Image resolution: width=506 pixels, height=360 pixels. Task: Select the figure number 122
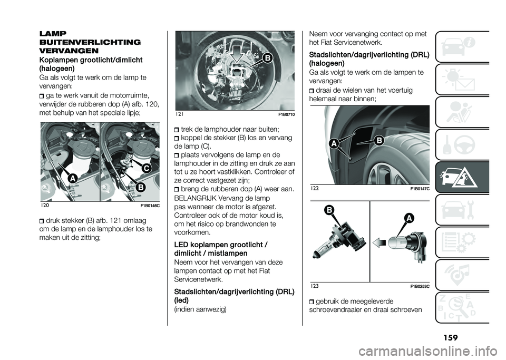pos(315,188)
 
